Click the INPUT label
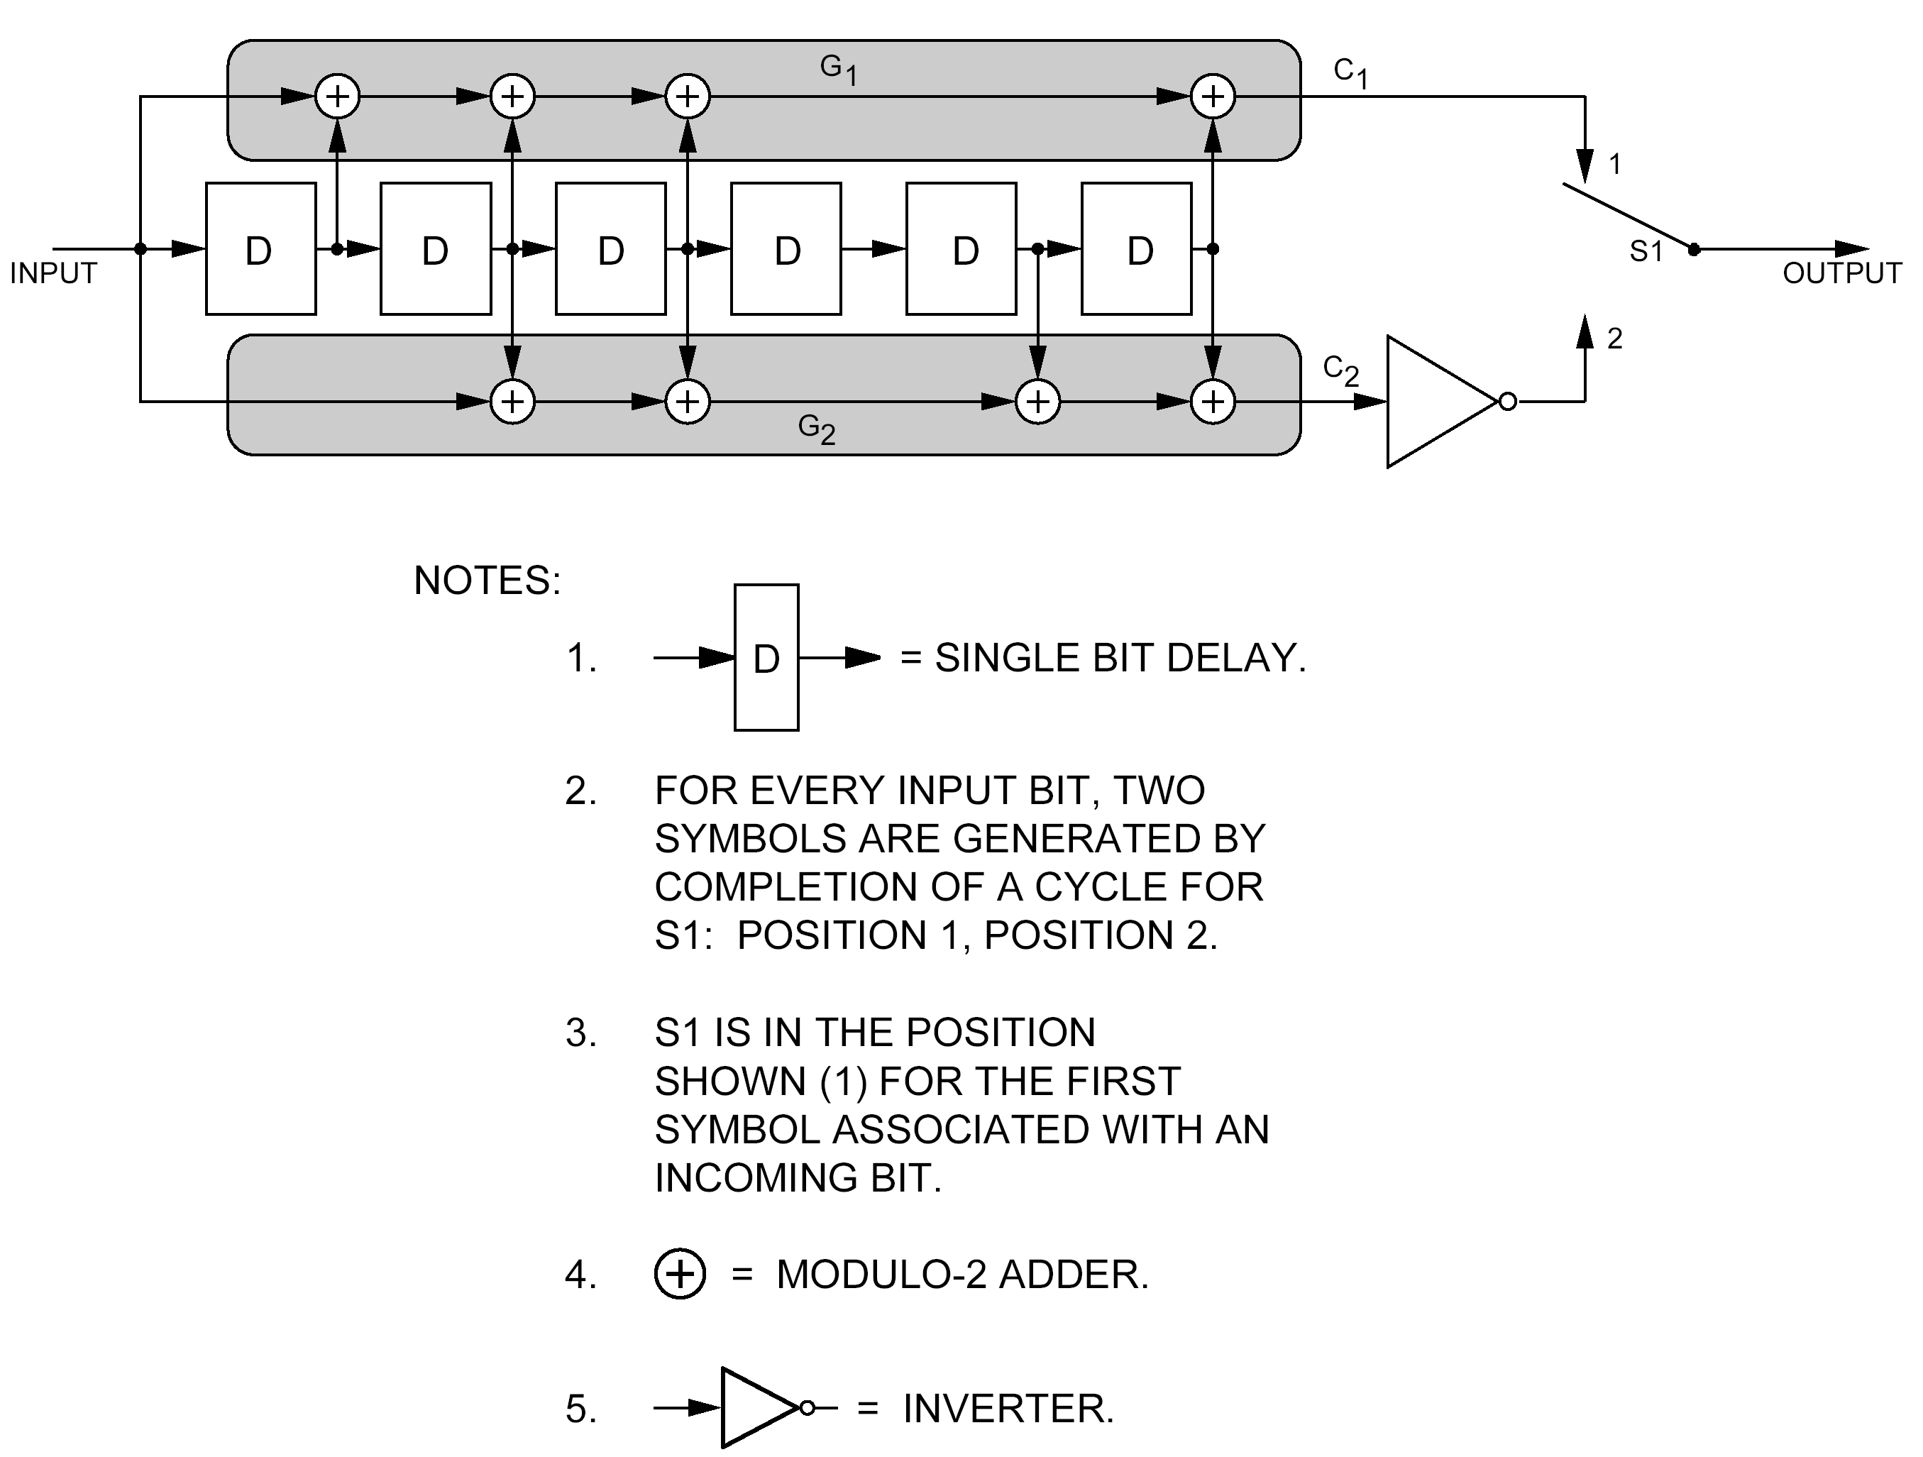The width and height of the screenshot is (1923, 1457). [x=53, y=273]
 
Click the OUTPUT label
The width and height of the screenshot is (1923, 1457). [x=1841, y=273]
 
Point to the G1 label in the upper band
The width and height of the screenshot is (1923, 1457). [x=838, y=69]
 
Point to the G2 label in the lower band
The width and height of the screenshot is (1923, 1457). [x=816, y=429]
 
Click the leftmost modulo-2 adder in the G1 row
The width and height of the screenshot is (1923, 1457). [x=337, y=97]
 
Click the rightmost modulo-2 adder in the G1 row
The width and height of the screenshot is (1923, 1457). [x=1213, y=97]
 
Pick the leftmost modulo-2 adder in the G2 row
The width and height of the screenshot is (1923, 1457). [x=513, y=402]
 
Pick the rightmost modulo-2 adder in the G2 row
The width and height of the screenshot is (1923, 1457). [x=1213, y=402]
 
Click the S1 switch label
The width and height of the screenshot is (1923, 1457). [x=1645, y=251]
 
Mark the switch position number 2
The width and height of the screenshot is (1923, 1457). [x=1614, y=339]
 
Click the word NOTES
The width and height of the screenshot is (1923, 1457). [x=487, y=580]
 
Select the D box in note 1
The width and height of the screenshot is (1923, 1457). [x=766, y=657]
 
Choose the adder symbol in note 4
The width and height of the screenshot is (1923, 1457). [x=680, y=1275]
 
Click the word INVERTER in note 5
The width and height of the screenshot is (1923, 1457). [x=1008, y=1408]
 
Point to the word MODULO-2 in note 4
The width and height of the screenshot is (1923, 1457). [x=881, y=1275]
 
